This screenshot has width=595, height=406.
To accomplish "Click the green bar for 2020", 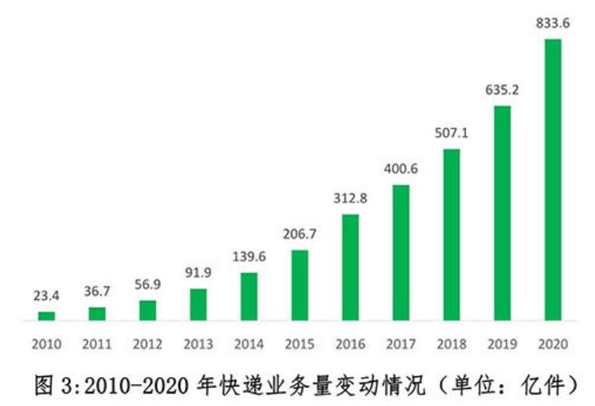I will pyautogui.click(x=553, y=180).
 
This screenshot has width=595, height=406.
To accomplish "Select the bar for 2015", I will pyautogui.click(x=299, y=285).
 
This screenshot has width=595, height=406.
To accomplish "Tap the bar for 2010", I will pyautogui.click(x=47, y=315).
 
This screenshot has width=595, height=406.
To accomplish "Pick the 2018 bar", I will pyautogui.click(x=452, y=234).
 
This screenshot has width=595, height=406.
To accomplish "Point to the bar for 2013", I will pyautogui.click(x=199, y=304).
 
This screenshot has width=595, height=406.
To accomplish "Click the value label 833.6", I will pyautogui.click(x=553, y=23).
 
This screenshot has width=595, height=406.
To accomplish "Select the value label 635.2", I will pyautogui.click(x=502, y=90).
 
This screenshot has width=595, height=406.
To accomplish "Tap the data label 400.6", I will pyautogui.click(x=401, y=169).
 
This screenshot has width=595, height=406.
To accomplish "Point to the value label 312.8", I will pyautogui.click(x=350, y=198).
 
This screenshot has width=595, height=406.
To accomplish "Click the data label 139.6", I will pyautogui.click(x=249, y=257).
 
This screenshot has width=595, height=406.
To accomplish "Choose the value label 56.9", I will pyautogui.click(x=147, y=285).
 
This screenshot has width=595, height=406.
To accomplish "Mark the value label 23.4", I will pyautogui.click(x=47, y=297).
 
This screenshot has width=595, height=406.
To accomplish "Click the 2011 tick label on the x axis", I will pyautogui.click(x=97, y=344).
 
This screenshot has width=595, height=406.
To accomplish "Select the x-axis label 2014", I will pyautogui.click(x=249, y=344).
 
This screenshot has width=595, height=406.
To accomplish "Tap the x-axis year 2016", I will pyautogui.click(x=350, y=344).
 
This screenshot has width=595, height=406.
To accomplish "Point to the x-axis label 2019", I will pyautogui.click(x=502, y=344).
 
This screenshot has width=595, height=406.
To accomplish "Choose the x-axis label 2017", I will pyautogui.click(x=401, y=344).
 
